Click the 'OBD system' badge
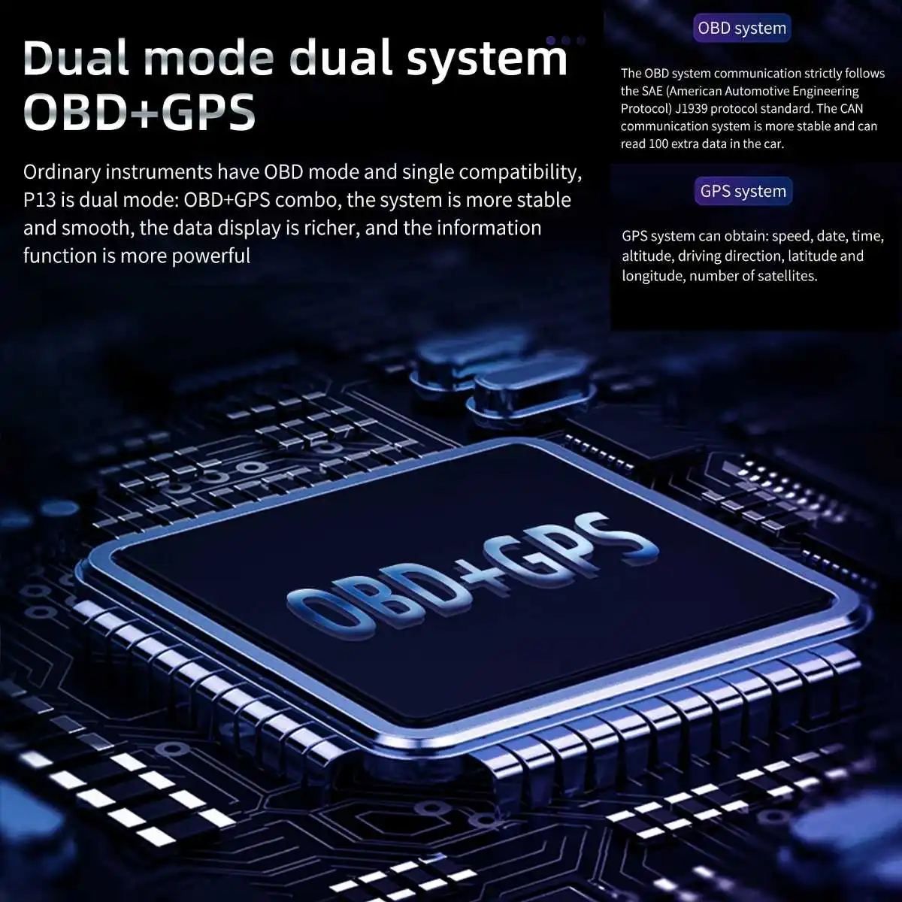click(x=741, y=29)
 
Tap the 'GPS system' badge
click(x=743, y=191)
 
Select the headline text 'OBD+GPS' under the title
click(x=140, y=111)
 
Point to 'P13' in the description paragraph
click(x=38, y=201)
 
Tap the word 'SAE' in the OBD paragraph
click(x=652, y=91)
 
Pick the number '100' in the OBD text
click(x=658, y=144)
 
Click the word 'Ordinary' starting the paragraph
click(x=62, y=172)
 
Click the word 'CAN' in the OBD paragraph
click(x=852, y=108)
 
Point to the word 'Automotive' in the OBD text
click(x=759, y=91)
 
